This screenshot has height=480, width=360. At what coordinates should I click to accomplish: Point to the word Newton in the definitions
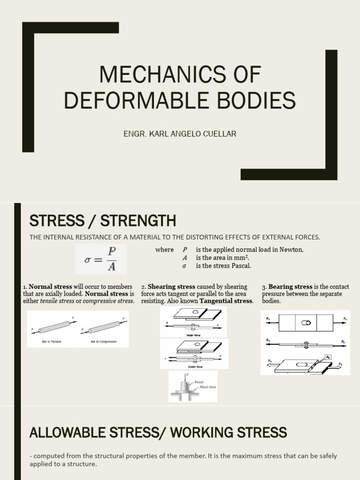click(x=292, y=250)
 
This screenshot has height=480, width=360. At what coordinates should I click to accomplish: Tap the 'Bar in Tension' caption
click(x=52, y=342)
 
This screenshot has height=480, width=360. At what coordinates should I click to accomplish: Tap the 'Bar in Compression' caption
click(x=104, y=342)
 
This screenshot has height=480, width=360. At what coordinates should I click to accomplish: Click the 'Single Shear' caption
click(x=193, y=335)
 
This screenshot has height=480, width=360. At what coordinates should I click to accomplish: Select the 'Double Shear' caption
click(x=194, y=366)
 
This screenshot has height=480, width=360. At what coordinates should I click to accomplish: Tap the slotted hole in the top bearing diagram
click(x=306, y=323)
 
